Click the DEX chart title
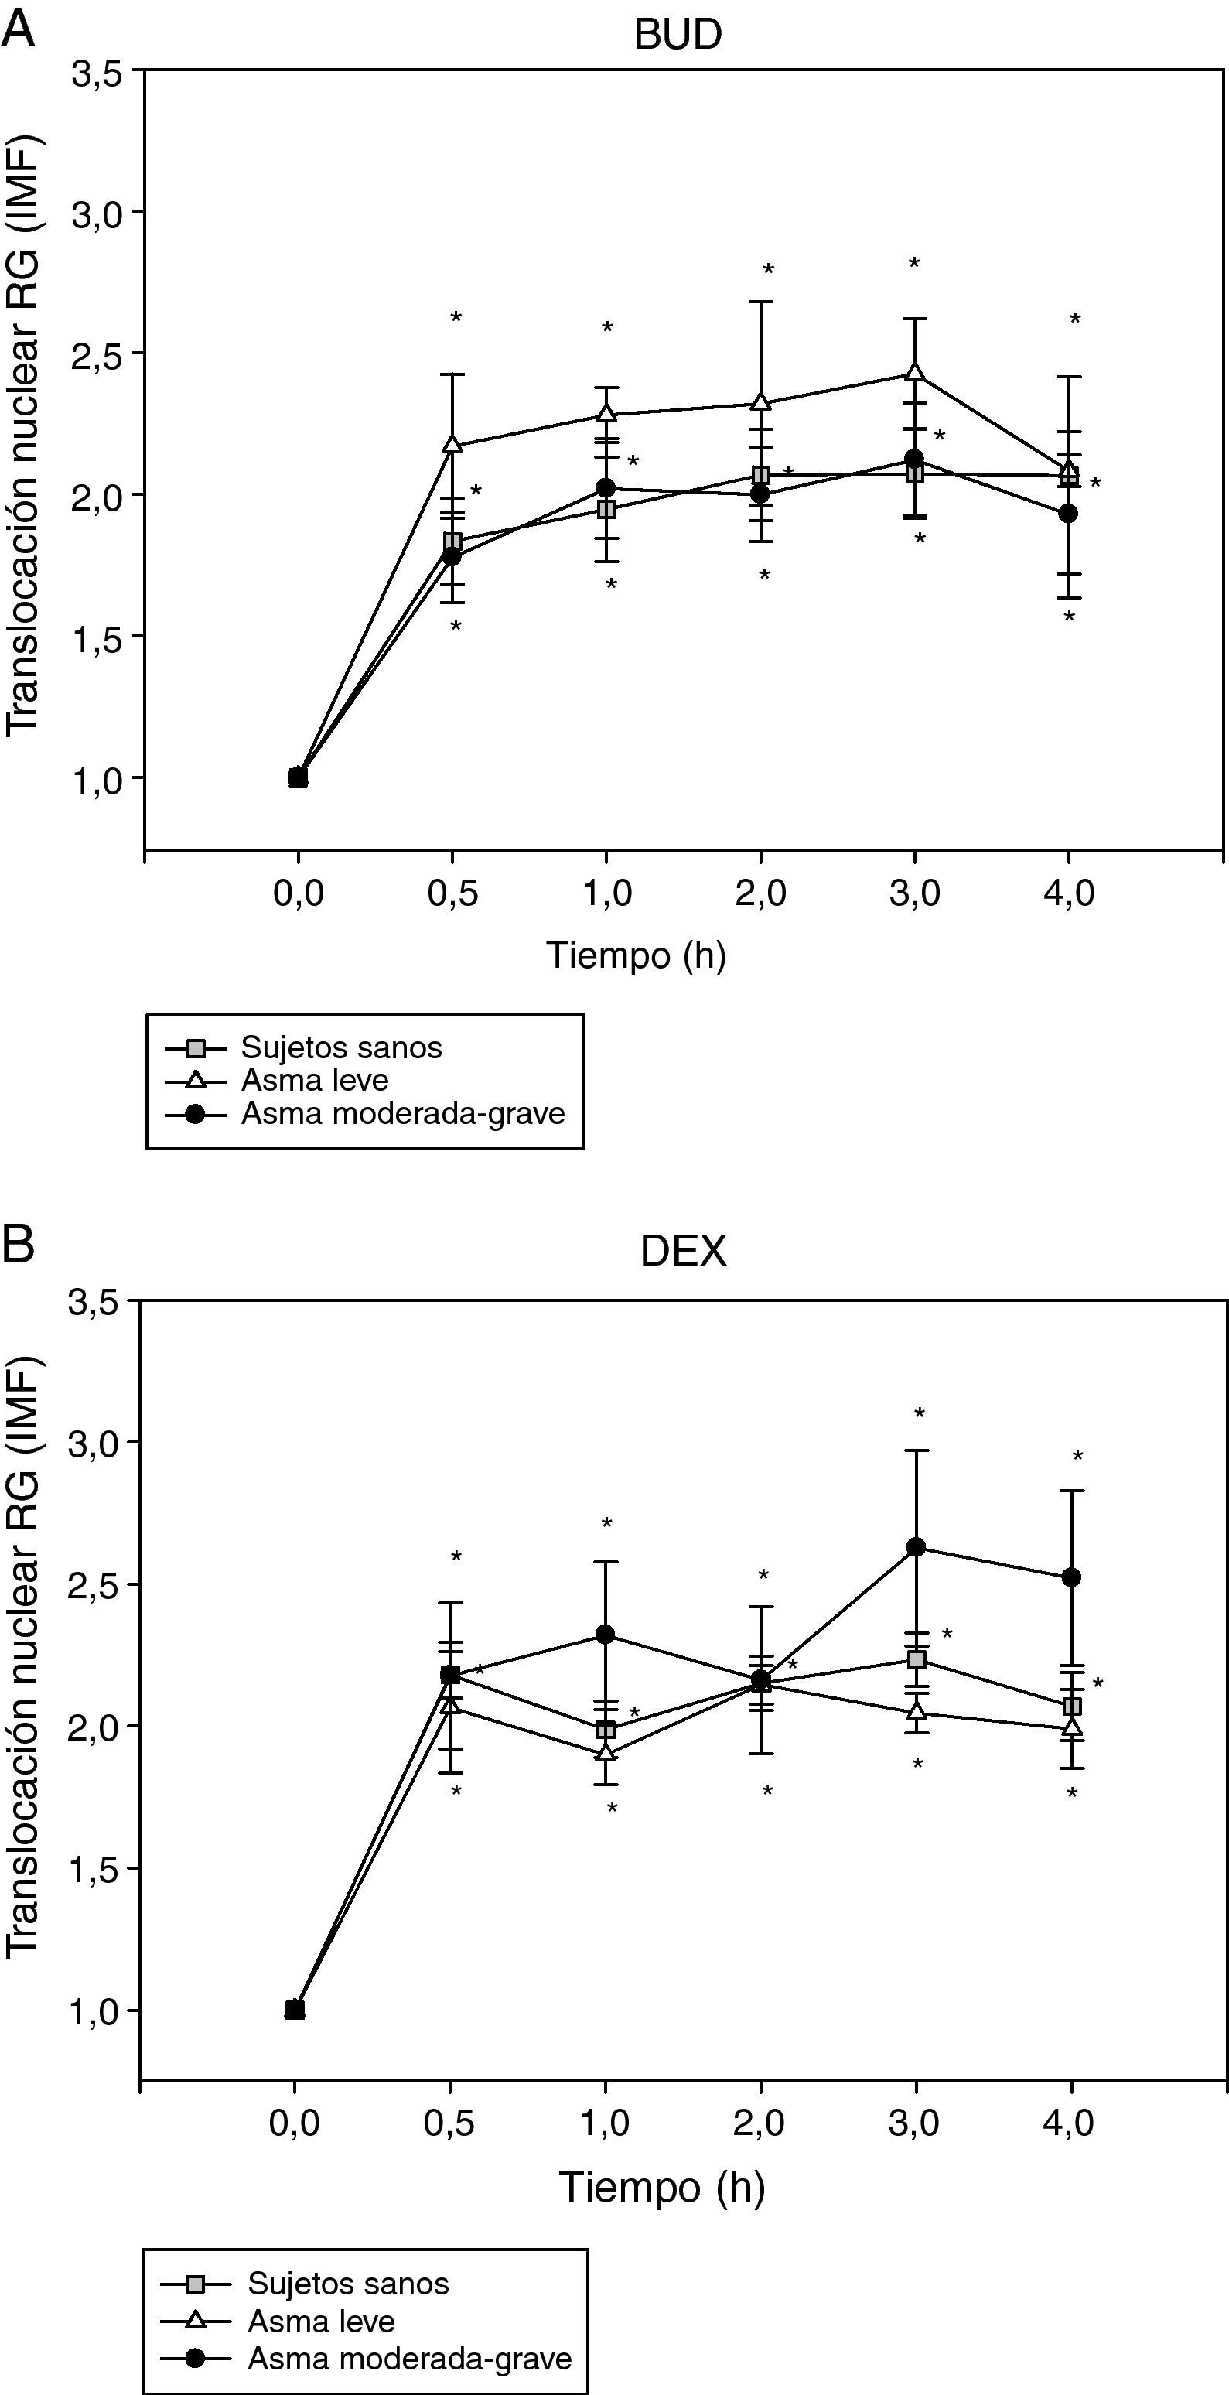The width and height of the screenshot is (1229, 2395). tap(682, 1252)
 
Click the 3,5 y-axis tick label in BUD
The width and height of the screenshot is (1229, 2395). tap(97, 74)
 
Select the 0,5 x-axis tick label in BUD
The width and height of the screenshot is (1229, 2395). tap(452, 893)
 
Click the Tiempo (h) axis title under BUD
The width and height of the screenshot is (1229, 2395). tap(635, 955)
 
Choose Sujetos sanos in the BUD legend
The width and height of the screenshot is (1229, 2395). tap(340, 1047)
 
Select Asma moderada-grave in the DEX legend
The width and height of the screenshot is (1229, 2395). tap(409, 2358)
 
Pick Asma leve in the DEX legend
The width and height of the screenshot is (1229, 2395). tap(321, 2322)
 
